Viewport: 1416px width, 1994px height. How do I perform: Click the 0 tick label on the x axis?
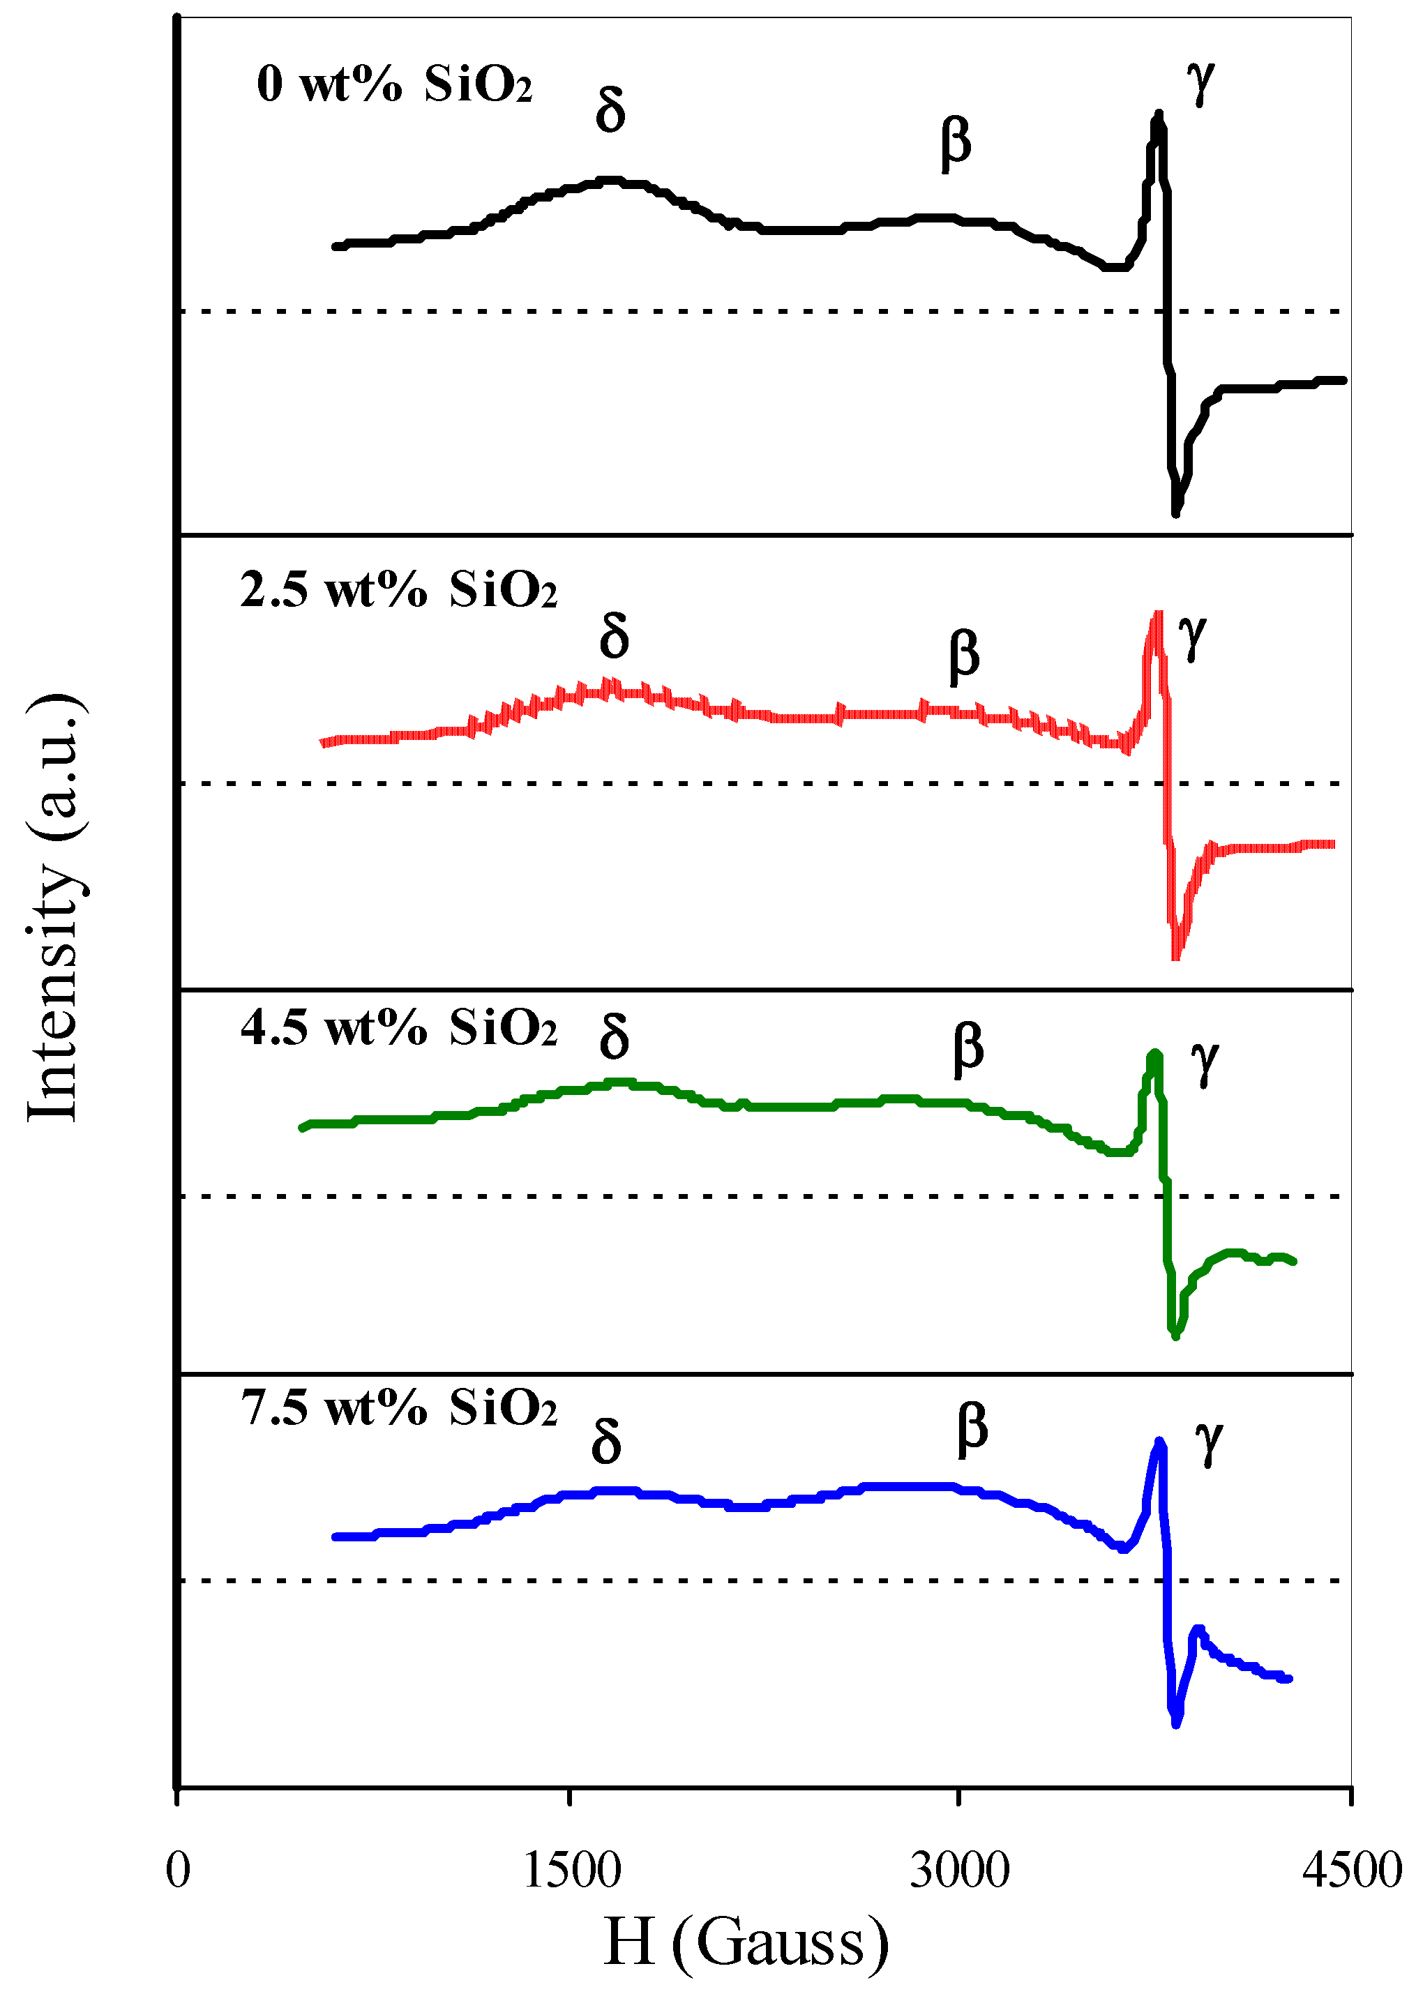pyautogui.click(x=178, y=1869)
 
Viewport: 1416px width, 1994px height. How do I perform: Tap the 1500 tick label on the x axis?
pyautogui.click(x=571, y=1869)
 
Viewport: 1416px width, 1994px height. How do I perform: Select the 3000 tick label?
pyautogui.click(x=959, y=1869)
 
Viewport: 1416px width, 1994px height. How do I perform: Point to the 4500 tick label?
pyautogui.click(x=1352, y=1869)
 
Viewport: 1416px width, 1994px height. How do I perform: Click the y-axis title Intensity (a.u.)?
pyautogui.click(x=54, y=907)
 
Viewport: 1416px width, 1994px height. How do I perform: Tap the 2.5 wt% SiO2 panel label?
pyautogui.click(x=398, y=590)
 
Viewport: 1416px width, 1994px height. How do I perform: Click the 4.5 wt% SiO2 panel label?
pyautogui.click(x=398, y=1028)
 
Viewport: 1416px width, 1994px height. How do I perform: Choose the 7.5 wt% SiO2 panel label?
pyautogui.click(x=398, y=1407)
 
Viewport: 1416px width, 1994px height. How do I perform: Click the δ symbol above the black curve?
pyautogui.click(x=610, y=112)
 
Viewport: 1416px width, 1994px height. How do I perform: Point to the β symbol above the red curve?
pyautogui.click(x=964, y=655)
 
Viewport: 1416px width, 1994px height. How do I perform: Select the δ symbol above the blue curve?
pyautogui.click(x=606, y=1442)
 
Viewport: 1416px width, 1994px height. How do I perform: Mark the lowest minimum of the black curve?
pyautogui.click(x=1176, y=513)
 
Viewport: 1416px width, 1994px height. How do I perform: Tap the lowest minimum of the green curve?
pyautogui.click(x=1176, y=1335)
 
